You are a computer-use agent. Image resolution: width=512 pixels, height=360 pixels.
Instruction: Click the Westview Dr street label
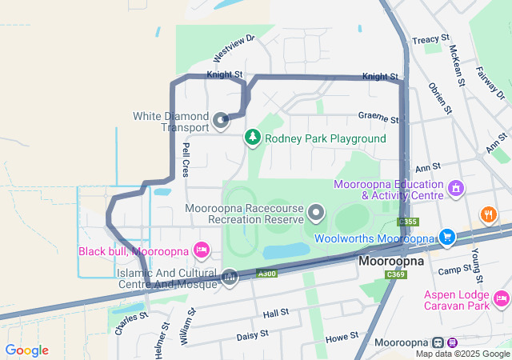pyautogui.click(x=234, y=49)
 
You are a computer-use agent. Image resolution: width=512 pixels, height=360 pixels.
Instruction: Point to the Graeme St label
pyautogui.click(x=378, y=117)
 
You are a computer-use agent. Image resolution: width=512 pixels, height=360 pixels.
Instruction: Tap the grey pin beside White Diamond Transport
pyautogui.click(x=222, y=121)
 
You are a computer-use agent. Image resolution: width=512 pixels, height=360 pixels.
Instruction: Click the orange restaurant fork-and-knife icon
pyautogui.click(x=487, y=214)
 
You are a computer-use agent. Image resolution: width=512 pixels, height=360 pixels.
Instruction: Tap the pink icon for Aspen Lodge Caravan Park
pyautogui.click(x=502, y=298)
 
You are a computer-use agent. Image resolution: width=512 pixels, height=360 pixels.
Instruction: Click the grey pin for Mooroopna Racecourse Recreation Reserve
pyautogui.click(x=317, y=213)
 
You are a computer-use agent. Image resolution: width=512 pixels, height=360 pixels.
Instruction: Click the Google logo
pyautogui.click(x=27, y=350)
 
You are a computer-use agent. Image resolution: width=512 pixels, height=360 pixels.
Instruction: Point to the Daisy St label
pyautogui.click(x=252, y=337)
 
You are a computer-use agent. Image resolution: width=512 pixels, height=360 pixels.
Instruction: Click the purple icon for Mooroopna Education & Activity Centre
pyautogui.click(x=456, y=188)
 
